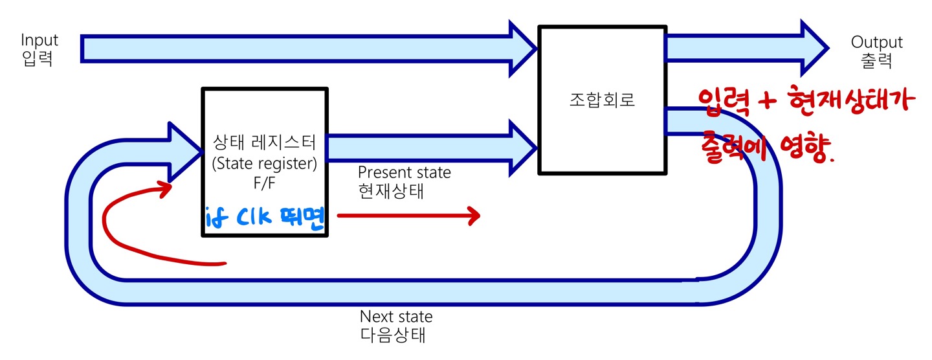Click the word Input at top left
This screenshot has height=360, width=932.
coord(39,40)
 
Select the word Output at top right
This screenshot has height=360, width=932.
coord(876,43)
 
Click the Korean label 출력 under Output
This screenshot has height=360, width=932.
coord(876,62)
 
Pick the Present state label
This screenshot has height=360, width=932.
coord(404,173)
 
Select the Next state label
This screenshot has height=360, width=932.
coord(395,317)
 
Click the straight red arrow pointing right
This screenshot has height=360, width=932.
coord(408,216)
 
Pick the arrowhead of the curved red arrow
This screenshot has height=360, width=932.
coord(164,188)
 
